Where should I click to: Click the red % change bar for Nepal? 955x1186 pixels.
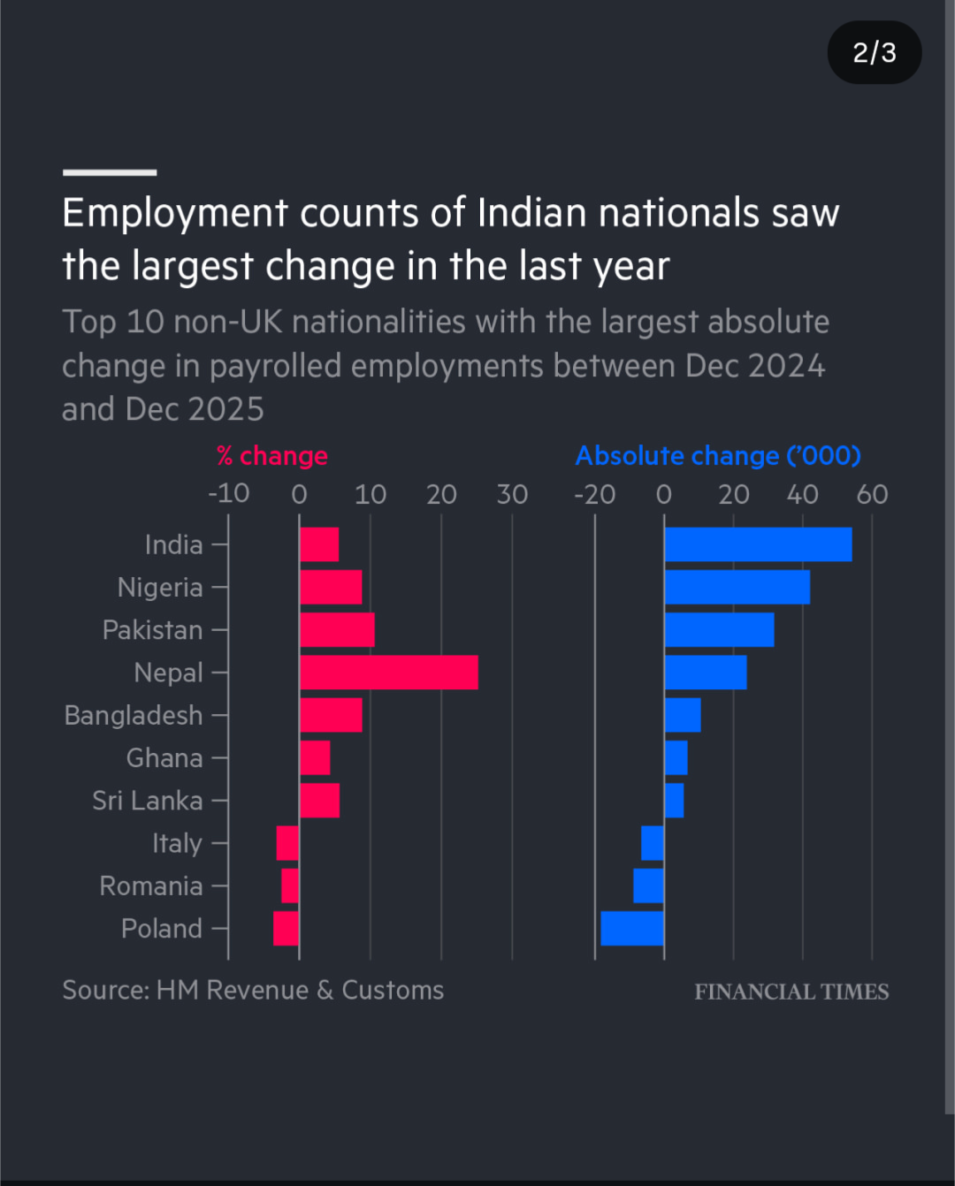point(389,673)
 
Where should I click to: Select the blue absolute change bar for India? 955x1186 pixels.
point(758,544)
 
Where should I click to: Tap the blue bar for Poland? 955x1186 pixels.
point(632,928)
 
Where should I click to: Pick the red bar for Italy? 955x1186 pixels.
point(287,843)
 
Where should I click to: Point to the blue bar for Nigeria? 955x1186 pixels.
point(737,587)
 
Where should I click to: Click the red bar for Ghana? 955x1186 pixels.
point(315,757)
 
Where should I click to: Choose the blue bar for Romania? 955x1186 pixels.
point(648,886)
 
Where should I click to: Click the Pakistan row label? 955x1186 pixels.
point(153,630)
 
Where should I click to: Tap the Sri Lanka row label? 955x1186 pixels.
point(148,801)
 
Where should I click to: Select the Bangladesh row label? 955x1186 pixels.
point(134,715)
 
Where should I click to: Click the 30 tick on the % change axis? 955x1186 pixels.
point(512,494)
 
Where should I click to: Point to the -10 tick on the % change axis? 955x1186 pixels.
point(228,493)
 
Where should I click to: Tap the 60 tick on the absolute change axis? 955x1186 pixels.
point(872,494)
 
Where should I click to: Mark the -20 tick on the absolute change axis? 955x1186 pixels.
point(594,494)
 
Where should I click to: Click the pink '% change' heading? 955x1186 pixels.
point(272,456)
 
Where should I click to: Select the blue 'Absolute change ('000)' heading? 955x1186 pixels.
point(718,456)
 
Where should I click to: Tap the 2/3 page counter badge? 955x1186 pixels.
point(875,53)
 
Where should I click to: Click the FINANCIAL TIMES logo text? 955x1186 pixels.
point(791,992)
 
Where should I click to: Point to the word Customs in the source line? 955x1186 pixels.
point(393,990)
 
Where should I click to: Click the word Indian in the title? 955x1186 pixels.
point(531,213)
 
